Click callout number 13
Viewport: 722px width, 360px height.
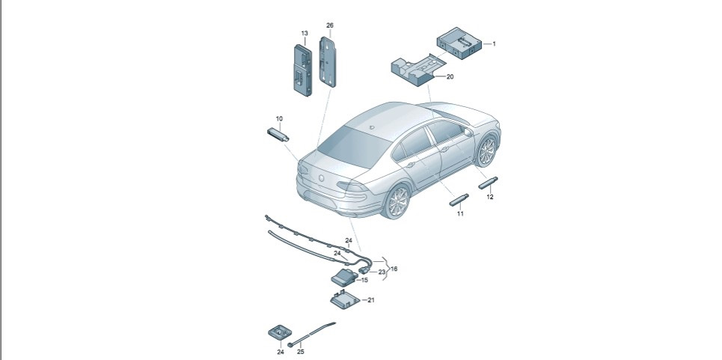coord(305,34)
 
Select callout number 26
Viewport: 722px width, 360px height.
coord(330,25)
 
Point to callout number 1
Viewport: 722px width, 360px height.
coord(494,44)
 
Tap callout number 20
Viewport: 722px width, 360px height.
coord(450,76)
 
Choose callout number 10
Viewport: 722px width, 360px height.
coord(279,119)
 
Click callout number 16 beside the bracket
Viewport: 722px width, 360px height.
coord(394,268)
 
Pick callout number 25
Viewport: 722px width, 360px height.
coord(300,351)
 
